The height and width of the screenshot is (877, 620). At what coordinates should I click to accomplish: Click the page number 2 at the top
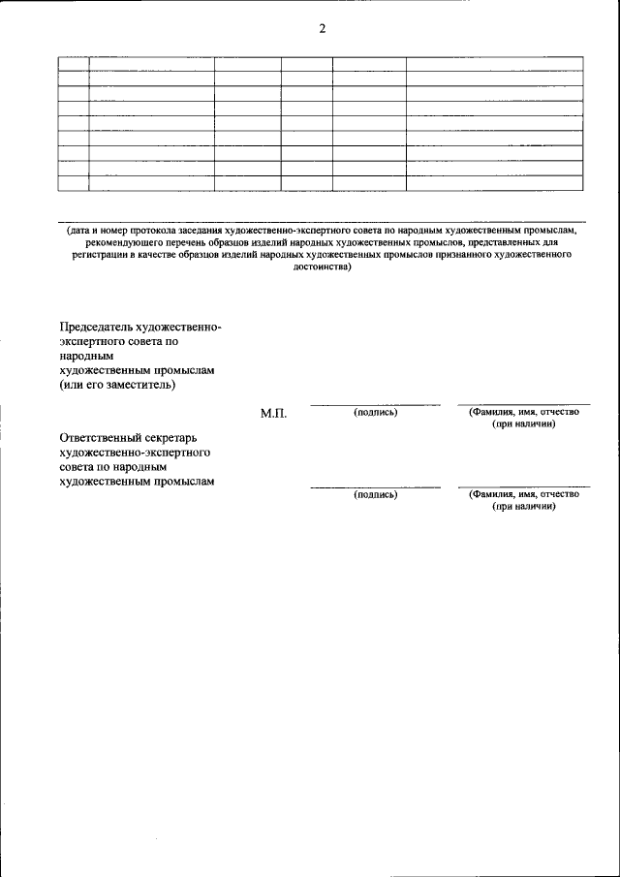tap(322, 28)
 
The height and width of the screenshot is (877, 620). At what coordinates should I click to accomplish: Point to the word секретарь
tap(179, 437)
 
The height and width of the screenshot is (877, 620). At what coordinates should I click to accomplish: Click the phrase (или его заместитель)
tap(117, 385)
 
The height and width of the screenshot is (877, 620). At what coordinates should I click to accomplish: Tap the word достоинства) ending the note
tap(322, 266)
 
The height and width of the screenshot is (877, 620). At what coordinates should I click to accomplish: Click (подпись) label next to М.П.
tap(376, 412)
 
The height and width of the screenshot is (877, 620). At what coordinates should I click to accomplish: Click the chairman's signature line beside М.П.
tap(375, 404)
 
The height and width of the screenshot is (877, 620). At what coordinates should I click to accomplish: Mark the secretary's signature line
tap(375, 486)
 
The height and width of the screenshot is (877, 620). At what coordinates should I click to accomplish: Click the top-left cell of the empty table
tap(73, 64)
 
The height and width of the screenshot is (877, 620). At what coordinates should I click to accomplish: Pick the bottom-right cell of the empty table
tap(494, 182)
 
